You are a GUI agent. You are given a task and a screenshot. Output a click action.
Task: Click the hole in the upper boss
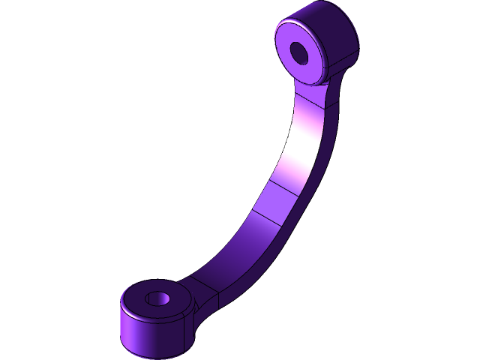click(300, 52)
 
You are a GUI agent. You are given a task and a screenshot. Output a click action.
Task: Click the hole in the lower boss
click(159, 298)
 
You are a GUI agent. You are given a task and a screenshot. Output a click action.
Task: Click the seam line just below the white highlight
click(289, 187)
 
